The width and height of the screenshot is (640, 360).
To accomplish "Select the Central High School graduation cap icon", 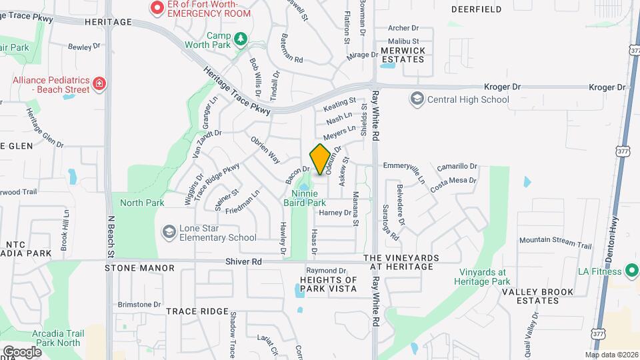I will point(417,99).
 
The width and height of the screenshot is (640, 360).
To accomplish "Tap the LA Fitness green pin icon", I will point(631,271).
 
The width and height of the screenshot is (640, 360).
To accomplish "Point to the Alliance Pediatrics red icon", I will point(99,83).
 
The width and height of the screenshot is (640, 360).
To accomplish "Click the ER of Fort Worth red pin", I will point(157,8).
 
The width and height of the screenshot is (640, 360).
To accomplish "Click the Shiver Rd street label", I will point(243,262).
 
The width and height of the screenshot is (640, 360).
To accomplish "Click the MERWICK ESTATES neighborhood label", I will point(402,55).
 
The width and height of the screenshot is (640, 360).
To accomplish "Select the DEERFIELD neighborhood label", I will point(476,9).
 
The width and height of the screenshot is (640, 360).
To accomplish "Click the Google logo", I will point(22,351).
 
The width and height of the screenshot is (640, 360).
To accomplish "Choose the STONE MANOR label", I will point(139,268).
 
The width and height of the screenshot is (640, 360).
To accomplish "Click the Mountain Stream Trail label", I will point(555,243).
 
